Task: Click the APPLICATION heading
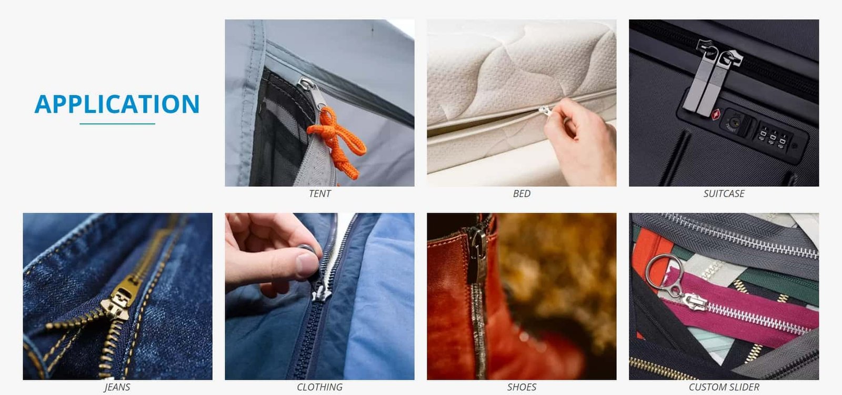tap(117, 104)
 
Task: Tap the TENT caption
tap(319, 194)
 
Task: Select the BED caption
tap(522, 194)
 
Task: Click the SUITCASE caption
tap(724, 194)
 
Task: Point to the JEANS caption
tap(117, 387)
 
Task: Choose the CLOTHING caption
tap(319, 387)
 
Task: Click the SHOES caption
tap(522, 387)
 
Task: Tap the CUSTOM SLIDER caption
tap(724, 387)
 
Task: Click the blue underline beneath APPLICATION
tap(117, 124)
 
